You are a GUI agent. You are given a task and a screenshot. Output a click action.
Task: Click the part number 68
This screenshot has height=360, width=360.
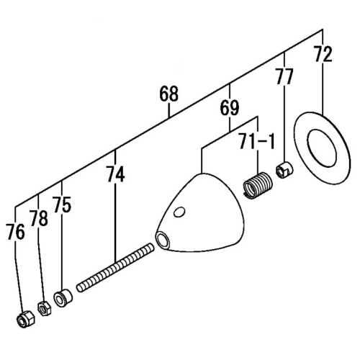tap(168, 94)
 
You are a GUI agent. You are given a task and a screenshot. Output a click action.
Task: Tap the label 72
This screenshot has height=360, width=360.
tap(323, 53)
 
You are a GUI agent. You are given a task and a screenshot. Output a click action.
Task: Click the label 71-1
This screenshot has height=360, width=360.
tap(257, 142)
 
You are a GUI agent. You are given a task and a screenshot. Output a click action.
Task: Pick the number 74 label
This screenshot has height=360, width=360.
tap(115, 174)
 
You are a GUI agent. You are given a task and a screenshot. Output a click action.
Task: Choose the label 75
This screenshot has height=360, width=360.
tap(62, 204)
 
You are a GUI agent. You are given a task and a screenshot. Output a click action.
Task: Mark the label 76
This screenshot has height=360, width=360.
tap(15, 232)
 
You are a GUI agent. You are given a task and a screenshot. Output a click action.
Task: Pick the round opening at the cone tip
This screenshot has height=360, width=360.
tap(162, 240)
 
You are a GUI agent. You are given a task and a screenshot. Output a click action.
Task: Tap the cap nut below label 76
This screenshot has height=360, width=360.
tap(24, 318)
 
